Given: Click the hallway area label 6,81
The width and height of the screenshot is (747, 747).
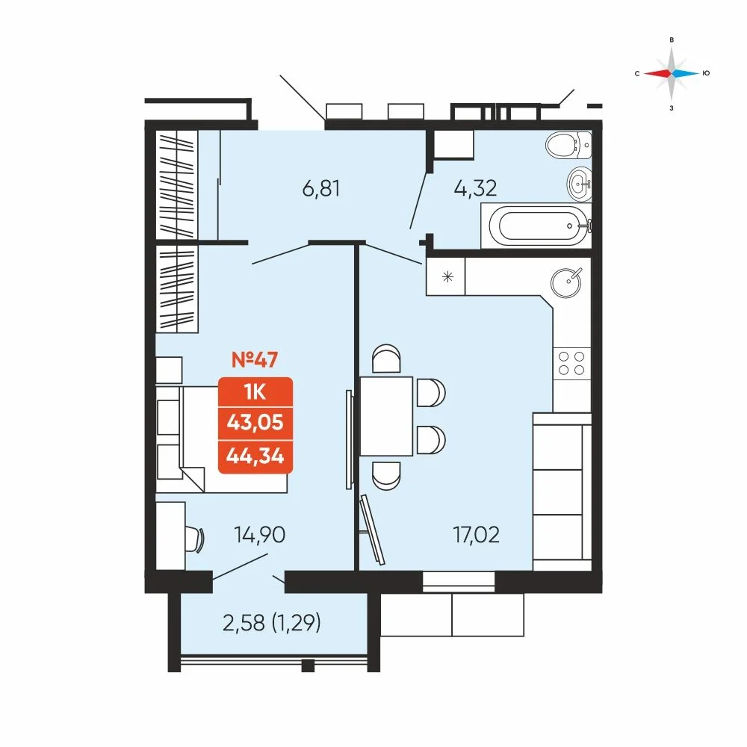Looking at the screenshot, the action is point(321,189).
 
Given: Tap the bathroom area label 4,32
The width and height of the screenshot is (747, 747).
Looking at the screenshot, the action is point(475,188).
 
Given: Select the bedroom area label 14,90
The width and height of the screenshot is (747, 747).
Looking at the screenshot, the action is point(260,535).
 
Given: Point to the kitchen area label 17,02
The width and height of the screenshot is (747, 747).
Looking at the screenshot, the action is point(476,535).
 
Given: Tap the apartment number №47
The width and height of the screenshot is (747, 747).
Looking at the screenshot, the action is point(255,360).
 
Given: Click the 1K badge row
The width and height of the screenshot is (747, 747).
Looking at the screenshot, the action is point(255,392).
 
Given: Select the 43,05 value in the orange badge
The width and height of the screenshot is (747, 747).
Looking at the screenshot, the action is point(255,422).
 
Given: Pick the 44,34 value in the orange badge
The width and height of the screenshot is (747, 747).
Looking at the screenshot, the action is point(255,456).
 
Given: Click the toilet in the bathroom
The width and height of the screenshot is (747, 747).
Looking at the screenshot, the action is point(568,145).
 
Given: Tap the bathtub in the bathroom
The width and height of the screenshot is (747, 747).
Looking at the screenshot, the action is point(536,226).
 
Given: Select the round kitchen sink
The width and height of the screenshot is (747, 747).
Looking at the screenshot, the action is point(566,283).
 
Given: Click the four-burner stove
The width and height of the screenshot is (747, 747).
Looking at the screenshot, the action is point(571,364).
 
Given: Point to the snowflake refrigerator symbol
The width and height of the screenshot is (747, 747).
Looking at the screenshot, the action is point(447,276).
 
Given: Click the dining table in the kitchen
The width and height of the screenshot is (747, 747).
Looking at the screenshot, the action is point(386,416).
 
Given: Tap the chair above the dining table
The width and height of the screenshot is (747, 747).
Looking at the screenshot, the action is point(386,359).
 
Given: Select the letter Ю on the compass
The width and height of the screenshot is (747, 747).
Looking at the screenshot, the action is point(707,73).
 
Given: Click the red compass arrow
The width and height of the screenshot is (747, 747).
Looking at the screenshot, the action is point(657,73).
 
